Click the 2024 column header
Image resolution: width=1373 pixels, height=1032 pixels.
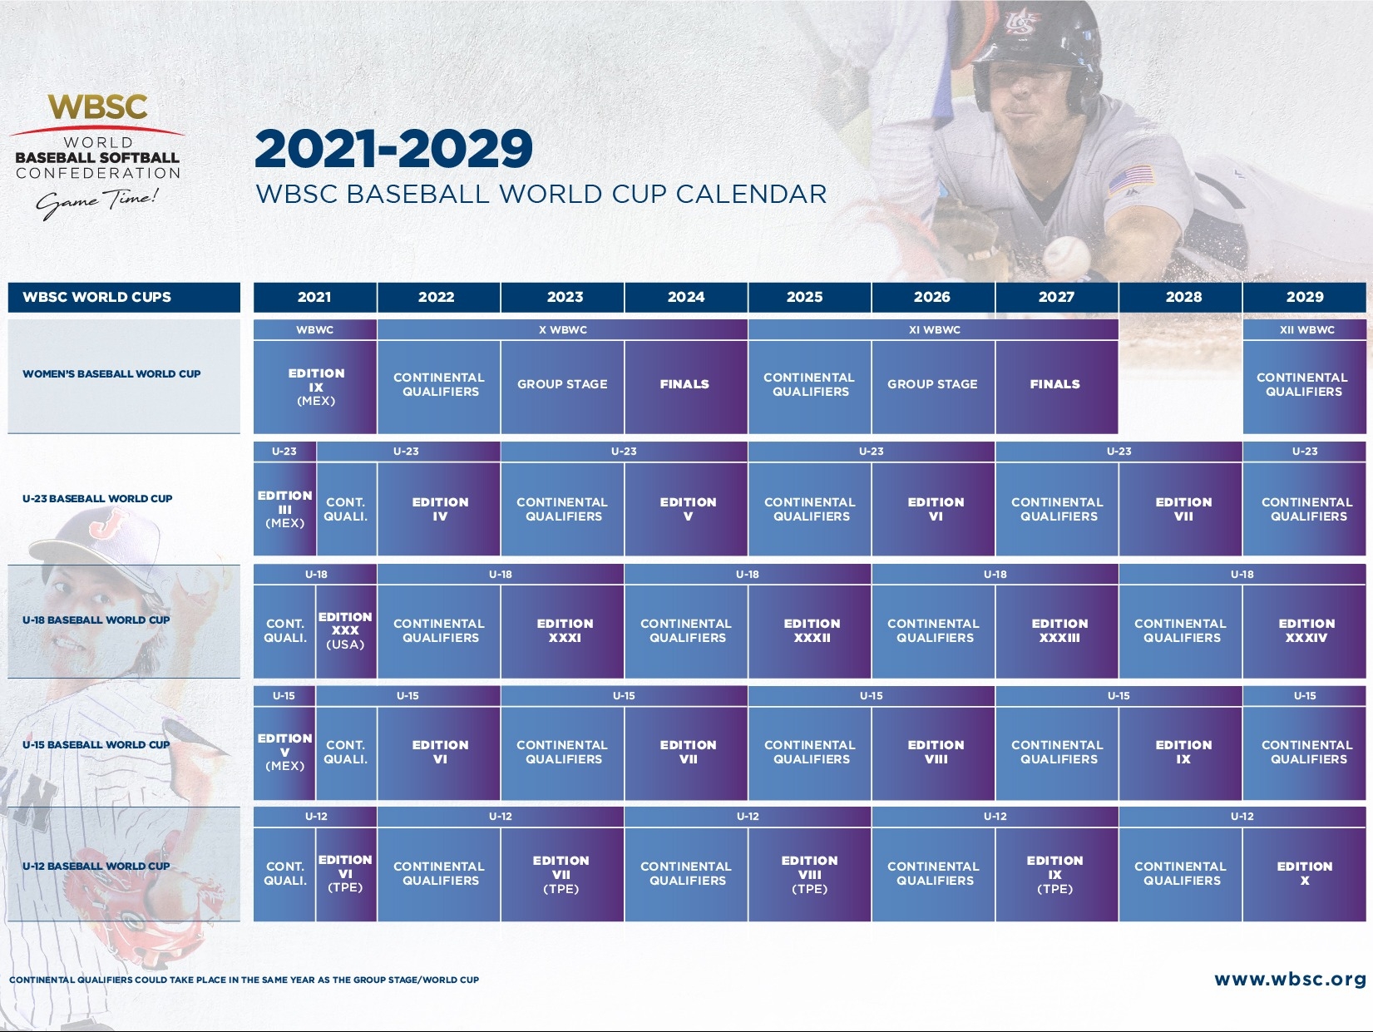pyautogui.click(x=685, y=297)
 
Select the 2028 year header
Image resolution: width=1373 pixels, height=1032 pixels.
pyautogui.click(x=1180, y=297)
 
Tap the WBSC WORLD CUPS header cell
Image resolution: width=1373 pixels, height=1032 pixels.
pyautogui.click(x=124, y=297)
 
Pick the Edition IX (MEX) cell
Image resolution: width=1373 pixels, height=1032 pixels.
pyautogui.click(x=314, y=387)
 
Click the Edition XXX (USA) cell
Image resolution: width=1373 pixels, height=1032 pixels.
pyautogui.click(x=346, y=631)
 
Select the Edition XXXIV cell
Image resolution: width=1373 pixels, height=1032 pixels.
pyautogui.click(x=1304, y=631)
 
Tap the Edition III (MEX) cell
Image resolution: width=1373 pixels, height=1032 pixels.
pyautogui.click(x=284, y=508)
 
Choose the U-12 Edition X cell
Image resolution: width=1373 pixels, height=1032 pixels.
pyautogui.click(x=1304, y=874)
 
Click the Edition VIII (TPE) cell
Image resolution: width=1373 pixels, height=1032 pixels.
pyautogui.click(x=809, y=874)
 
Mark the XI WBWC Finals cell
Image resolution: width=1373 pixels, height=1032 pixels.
pyautogui.click(x=1056, y=387)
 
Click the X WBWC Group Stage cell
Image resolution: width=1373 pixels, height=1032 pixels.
pyautogui.click(x=562, y=387)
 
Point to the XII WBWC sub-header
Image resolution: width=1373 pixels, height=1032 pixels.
pyautogui.click(x=1304, y=329)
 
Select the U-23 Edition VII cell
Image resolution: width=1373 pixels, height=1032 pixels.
pyautogui.click(x=1180, y=508)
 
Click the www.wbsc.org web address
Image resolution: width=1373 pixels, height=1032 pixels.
pyautogui.click(x=1290, y=979)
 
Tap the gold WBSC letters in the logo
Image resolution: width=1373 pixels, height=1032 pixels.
pyautogui.click(x=97, y=107)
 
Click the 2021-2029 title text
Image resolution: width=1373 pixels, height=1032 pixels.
pyautogui.click(x=393, y=148)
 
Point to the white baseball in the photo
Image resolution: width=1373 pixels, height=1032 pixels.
pyautogui.click(x=1066, y=255)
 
